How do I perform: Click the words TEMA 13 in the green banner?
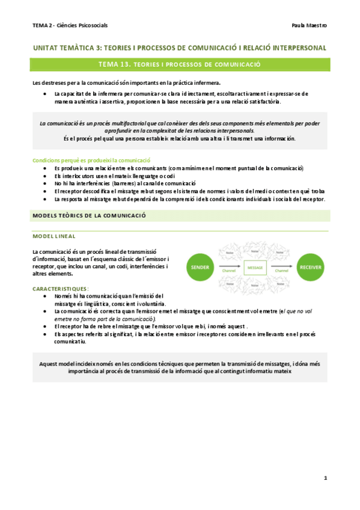(x=115, y=64)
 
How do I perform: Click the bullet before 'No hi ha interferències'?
(x=46, y=183)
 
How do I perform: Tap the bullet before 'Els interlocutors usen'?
(x=46, y=176)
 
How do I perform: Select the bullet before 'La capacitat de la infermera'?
(x=46, y=94)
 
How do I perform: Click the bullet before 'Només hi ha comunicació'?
(x=46, y=296)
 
